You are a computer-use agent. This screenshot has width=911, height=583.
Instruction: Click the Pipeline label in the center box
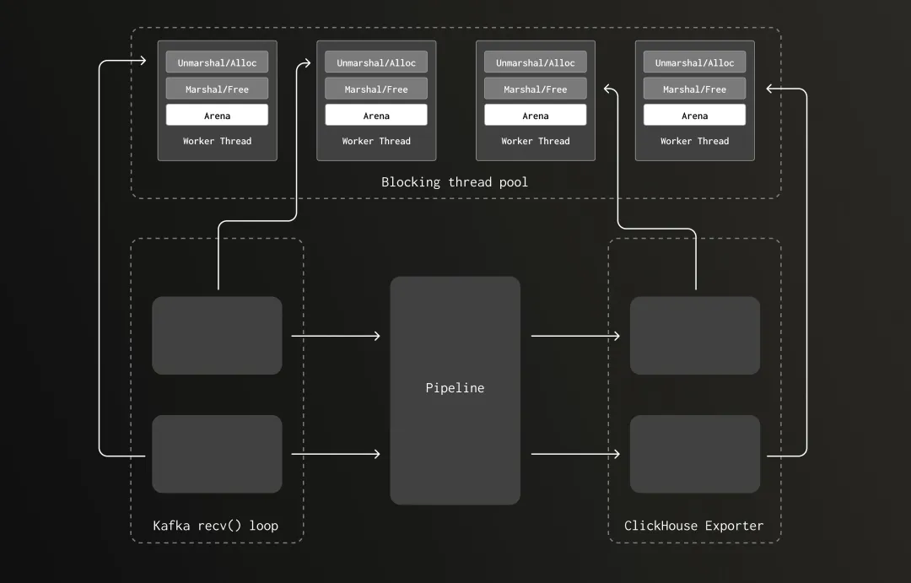455,388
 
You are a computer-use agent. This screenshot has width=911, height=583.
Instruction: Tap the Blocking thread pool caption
455,181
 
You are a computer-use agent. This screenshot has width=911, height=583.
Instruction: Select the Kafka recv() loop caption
215,526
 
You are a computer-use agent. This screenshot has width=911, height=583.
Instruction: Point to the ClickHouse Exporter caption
693,526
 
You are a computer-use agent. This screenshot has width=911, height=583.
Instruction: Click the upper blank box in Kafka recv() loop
217,335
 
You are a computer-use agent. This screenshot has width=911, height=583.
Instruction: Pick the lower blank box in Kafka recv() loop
217,454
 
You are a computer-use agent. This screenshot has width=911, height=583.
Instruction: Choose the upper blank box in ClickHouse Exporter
694,335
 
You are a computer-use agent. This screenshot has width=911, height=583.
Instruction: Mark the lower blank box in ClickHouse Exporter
694,454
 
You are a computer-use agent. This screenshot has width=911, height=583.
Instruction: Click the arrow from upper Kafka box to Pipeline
336,336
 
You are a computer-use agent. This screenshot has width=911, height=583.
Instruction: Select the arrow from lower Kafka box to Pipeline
336,455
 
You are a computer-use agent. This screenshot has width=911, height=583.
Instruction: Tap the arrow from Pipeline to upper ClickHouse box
575,336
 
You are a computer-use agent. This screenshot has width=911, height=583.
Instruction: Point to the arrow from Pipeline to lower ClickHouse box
575,455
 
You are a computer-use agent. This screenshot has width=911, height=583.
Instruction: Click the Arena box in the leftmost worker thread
217,116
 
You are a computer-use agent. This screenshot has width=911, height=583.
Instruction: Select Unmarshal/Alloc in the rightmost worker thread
694,62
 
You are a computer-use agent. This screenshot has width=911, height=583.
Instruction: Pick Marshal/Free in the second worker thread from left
376,89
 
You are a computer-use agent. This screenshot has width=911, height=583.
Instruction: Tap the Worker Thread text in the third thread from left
536,141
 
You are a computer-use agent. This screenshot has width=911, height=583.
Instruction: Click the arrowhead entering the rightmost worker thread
769,88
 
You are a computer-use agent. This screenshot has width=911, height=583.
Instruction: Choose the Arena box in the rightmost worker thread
694,116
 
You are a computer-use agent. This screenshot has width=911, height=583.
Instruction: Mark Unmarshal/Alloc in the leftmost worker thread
217,62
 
